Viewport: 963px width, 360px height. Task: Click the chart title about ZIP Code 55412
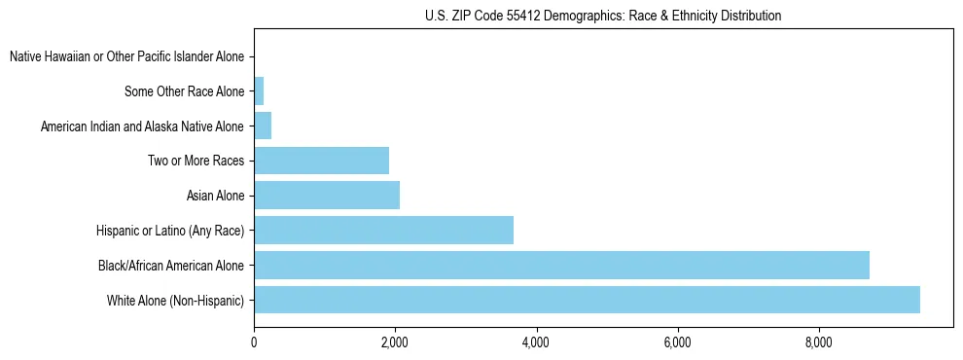pos(603,16)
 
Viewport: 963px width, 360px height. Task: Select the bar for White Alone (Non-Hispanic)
pos(587,300)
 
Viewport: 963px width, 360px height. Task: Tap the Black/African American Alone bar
pos(561,265)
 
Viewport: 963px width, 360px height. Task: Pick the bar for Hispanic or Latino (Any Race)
pos(383,230)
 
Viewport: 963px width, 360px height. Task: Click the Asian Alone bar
pos(327,196)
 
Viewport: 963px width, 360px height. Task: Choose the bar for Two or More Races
pos(321,161)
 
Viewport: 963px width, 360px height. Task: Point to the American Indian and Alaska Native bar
pos(263,126)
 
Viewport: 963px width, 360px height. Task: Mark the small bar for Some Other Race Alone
pos(259,91)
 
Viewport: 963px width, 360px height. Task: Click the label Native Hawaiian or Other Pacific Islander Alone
pos(126,56)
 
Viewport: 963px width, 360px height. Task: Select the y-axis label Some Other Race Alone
pos(184,91)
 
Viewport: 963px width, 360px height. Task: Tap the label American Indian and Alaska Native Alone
pos(142,126)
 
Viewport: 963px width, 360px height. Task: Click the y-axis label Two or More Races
pos(196,161)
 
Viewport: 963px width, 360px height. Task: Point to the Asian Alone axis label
pos(215,196)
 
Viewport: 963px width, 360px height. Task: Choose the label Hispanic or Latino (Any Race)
pos(170,231)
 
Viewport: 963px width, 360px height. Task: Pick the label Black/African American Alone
pos(171,265)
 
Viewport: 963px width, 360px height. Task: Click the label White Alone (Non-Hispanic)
pos(175,300)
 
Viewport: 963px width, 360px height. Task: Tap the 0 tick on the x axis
pos(254,342)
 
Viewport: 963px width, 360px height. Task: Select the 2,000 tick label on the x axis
pos(395,342)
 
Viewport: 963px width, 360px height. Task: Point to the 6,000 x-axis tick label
pos(677,342)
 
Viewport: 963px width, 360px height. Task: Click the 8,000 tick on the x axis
pos(818,342)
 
